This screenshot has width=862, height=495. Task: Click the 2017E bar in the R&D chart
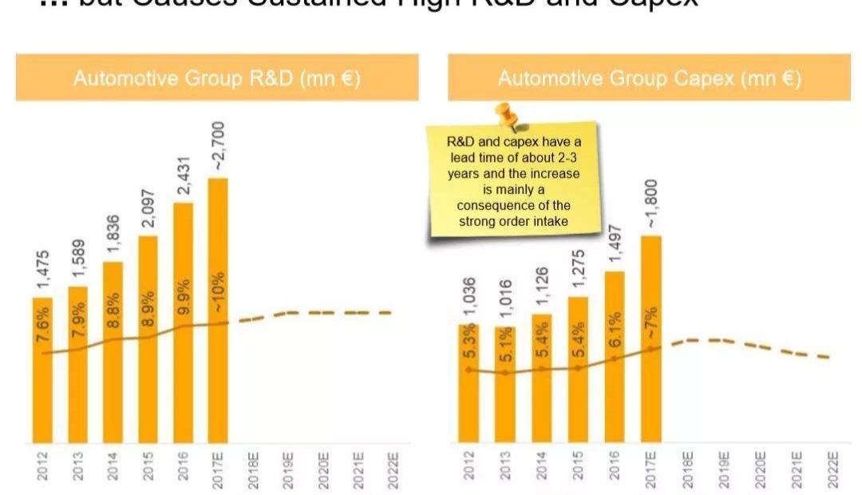(217, 311)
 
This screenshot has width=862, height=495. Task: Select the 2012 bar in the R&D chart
(42, 371)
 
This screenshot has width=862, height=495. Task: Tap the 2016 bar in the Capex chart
(615, 359)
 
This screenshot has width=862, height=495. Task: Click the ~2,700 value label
(218, 146)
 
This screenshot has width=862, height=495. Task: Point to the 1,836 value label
(113, 234)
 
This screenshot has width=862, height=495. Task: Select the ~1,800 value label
(652, 204)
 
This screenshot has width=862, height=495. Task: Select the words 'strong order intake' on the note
(513, 221)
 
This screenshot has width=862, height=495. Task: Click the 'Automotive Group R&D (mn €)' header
(217, 78)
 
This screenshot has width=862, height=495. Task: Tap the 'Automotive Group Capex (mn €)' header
(649, 78)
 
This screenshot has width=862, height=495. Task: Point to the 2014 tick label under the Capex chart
(542, 465)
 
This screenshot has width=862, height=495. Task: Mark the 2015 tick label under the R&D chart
(148, 465)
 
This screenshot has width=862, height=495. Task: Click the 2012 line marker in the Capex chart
(469, 370)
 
